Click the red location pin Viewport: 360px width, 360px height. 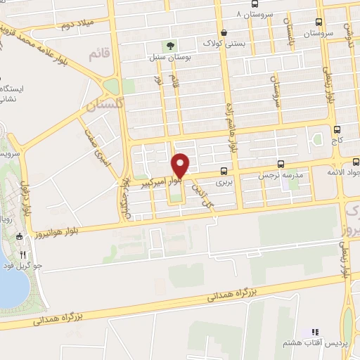(x=181, y=165)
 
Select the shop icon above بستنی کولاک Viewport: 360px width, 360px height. (x=224, y=32)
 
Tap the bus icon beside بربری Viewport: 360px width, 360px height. (x=224, y=171)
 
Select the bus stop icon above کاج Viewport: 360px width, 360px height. (x=337, y=129)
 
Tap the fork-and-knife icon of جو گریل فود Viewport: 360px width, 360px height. (x=23, y=255)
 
